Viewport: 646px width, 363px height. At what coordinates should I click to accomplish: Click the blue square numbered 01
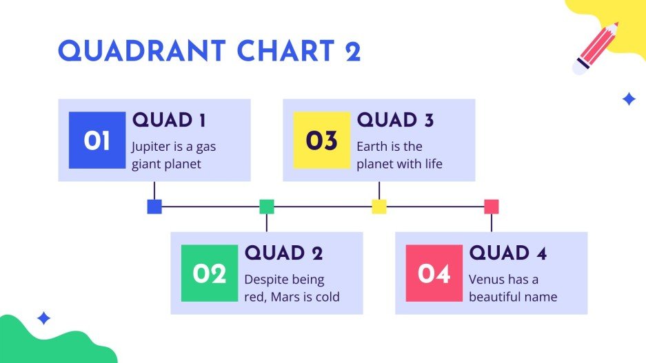[x=97, y=140]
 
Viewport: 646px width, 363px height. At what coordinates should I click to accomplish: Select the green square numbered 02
[x=210, y=273]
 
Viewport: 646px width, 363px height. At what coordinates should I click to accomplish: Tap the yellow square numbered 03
[x=322, y=140]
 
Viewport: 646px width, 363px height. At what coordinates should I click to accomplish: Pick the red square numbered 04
[x=434, y=273]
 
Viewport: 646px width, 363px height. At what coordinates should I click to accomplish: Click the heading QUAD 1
[x=169, y=120]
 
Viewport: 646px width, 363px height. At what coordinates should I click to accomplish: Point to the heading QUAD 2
[x=283, y=253]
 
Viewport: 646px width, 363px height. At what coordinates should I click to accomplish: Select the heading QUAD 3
[x=395, y=120]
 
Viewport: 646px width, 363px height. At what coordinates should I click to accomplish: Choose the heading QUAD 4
[x=508, y=253]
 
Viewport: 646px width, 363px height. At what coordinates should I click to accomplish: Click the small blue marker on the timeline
[x=154, y=207]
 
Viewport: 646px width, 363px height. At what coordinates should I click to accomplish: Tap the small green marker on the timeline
[x=267, y=207]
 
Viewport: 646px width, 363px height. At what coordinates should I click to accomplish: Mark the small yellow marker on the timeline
[x=379, y=207]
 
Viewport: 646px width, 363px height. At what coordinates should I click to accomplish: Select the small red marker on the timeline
[x=492, y=207]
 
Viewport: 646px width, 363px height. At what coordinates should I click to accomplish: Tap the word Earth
[x=372, y=146]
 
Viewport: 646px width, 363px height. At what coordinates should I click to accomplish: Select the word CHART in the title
[x=285, y=51]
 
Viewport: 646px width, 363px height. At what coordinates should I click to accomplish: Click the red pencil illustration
[x=596, y=48]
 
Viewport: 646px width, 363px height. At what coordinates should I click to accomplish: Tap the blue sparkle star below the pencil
[x=629, y=99]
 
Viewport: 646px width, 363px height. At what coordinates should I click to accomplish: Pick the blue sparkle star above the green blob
[x=43, y=318]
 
